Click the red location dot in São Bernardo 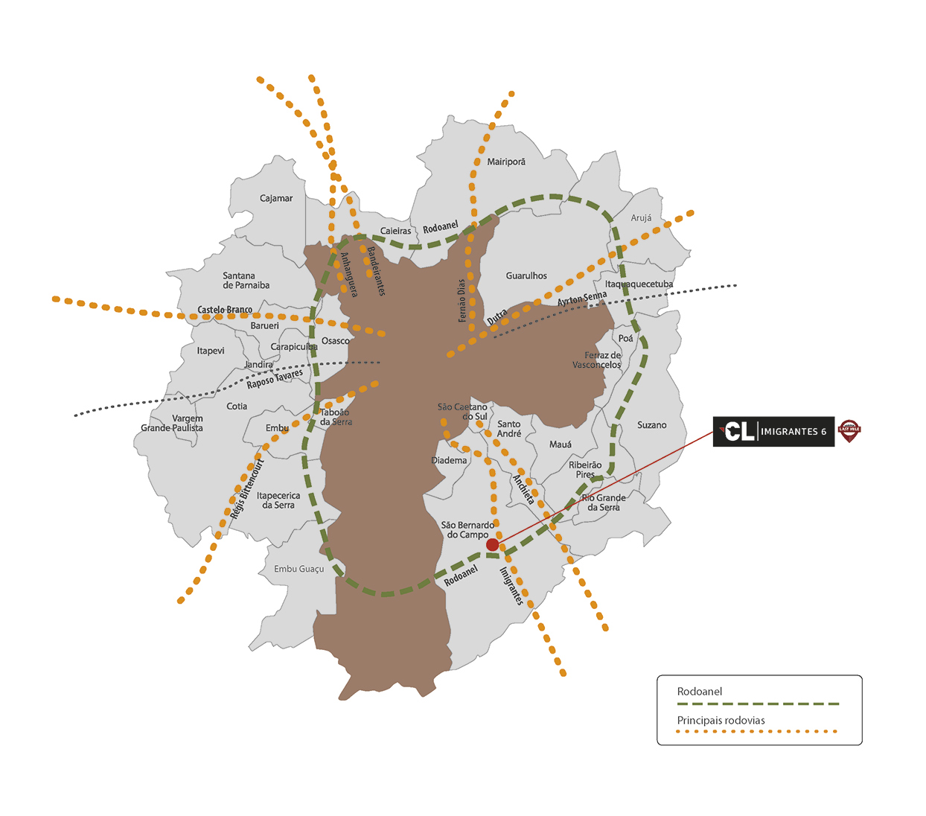[492, 545]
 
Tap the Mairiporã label [506, 162]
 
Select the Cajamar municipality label [276, 198]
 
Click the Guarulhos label [526, 275]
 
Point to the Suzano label [651, 425]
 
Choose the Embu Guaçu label [299, 569]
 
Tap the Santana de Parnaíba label [246, 281]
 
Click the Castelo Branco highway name [225, 310]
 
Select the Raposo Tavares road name [275, 379]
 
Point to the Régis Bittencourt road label [247, 489]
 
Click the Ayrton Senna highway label [582, 299]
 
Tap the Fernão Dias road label [462, 301]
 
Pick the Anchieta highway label [523, 490]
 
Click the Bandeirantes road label [376, 272]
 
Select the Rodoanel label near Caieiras [441, 227]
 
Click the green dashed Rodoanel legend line [758, 704]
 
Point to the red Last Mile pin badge [849, 430]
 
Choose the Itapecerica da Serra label [278, 500]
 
